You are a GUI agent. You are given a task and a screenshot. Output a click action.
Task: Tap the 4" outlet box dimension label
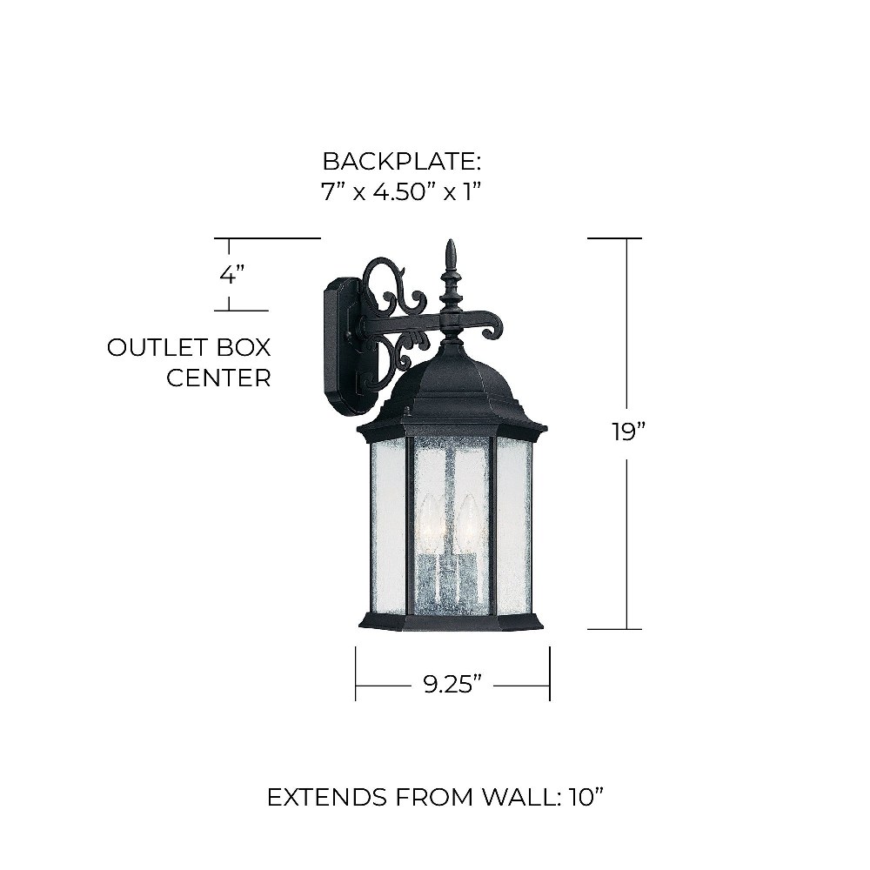[232, 275]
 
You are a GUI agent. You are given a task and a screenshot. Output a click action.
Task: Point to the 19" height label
[629, 432]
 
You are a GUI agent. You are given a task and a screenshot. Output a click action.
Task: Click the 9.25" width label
[452, 684]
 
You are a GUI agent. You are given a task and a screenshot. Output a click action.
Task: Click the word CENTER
[218, 378]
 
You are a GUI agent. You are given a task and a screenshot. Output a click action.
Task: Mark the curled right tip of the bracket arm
[492, 331]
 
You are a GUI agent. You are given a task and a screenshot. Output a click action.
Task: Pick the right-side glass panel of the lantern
[514, 527]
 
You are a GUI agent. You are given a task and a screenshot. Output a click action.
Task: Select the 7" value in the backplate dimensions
[330, 192]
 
